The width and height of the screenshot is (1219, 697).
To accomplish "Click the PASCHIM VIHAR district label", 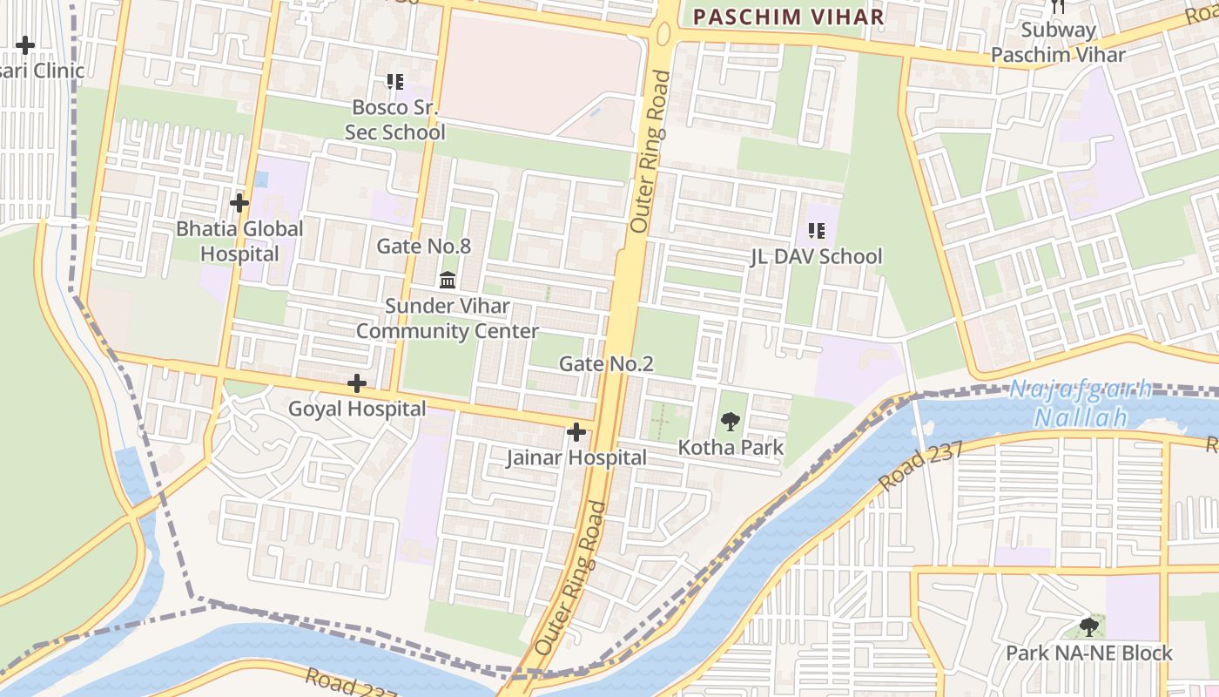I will pos(788,17).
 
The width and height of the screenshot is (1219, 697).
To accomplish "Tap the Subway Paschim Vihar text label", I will pos(1058,42).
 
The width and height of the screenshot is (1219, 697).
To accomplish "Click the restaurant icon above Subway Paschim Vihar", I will pos(1058,6).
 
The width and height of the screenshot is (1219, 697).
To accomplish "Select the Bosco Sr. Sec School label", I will pos(394,119).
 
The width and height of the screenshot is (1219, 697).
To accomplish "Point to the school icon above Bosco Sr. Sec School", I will pos(395,82).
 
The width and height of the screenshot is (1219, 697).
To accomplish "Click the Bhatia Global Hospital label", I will pos(239,241).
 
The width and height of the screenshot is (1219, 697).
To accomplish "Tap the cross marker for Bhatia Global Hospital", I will pos(239,203).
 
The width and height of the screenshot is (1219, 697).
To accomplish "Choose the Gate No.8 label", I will pos(423,247).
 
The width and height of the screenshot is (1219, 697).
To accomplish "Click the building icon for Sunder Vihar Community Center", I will pos(448,280).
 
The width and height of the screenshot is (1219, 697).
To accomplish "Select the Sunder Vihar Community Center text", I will pos(448,319).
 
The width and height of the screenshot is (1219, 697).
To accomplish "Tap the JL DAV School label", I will pos(816,256).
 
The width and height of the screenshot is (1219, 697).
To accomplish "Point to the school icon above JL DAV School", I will pos(816,230).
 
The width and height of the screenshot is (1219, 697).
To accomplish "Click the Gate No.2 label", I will pos(606,363).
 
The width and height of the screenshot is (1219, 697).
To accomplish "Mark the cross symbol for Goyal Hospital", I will pos(356,383).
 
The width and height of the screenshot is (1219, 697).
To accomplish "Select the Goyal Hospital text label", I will pos(357,409).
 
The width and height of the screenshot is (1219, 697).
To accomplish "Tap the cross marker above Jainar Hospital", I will pos(576,432).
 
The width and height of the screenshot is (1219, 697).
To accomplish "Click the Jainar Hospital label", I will pos(576,457).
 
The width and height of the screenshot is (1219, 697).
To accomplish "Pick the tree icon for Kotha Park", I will pos(730,423).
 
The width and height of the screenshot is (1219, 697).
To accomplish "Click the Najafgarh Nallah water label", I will pos(1080,403).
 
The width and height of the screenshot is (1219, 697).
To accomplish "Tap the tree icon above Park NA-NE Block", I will pos(1088,626).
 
